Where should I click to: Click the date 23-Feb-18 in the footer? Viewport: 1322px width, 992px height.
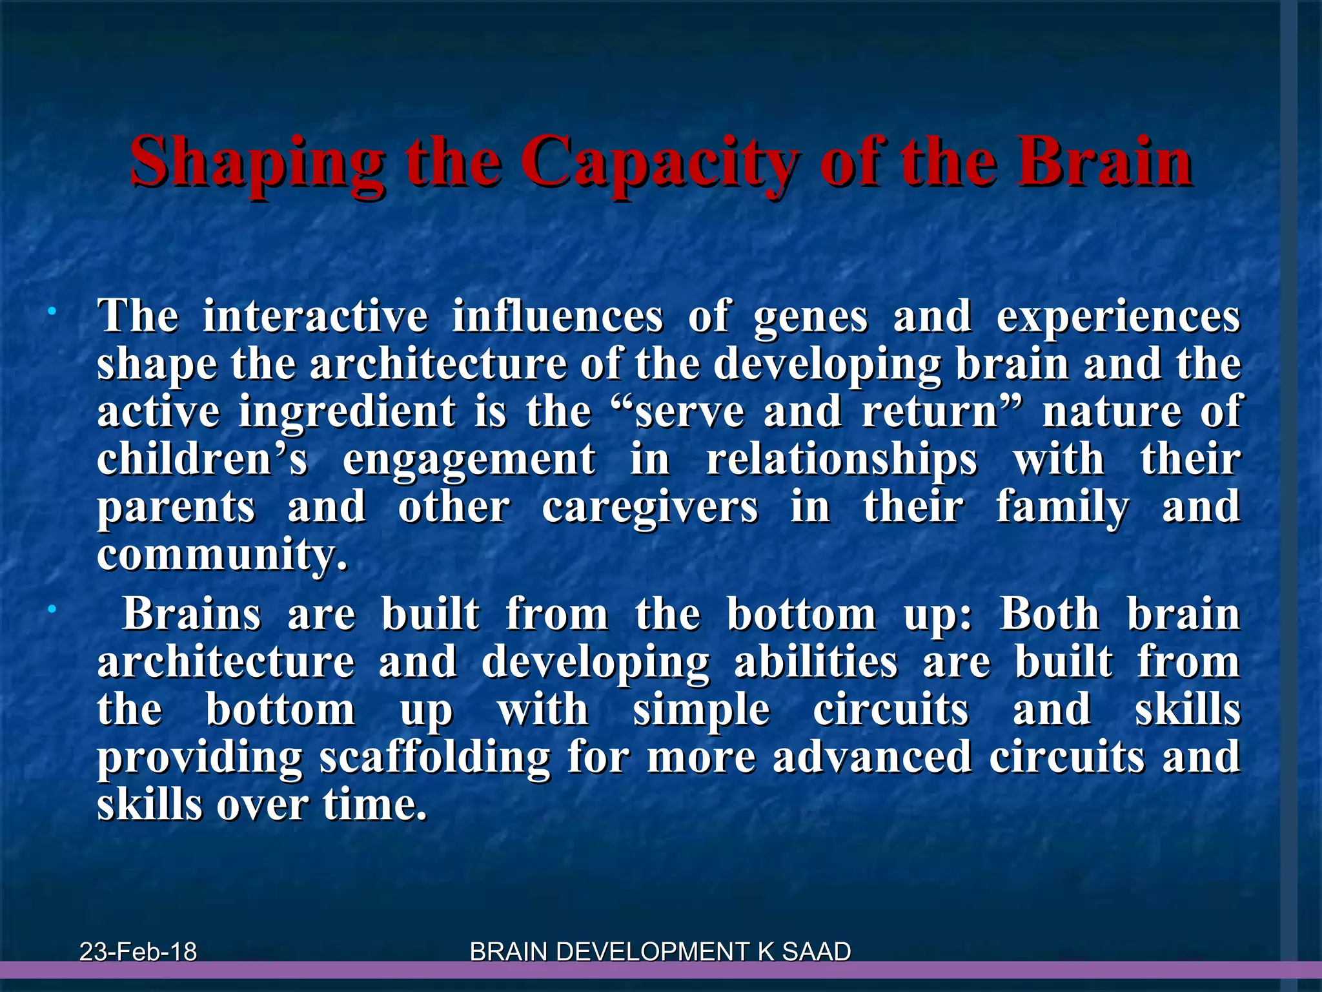point(138,951)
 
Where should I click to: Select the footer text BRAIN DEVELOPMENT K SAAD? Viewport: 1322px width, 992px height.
point(660,951)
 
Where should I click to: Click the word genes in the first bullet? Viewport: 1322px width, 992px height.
point(811,317)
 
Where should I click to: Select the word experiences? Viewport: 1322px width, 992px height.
point(1118,317)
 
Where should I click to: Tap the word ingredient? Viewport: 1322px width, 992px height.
point(347,411)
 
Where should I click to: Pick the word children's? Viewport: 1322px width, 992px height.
point(203,459)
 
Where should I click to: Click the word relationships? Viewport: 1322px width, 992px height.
point(842,460)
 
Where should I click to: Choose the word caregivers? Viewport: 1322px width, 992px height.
point(650,508)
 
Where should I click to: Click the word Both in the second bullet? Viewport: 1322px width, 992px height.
point(1050,614)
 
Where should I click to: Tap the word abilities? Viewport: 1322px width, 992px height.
point(816,663)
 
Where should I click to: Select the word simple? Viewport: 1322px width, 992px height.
point(702,710)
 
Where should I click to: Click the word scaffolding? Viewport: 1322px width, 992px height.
point(435,757)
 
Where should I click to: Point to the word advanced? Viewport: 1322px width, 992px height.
point(872,757)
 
